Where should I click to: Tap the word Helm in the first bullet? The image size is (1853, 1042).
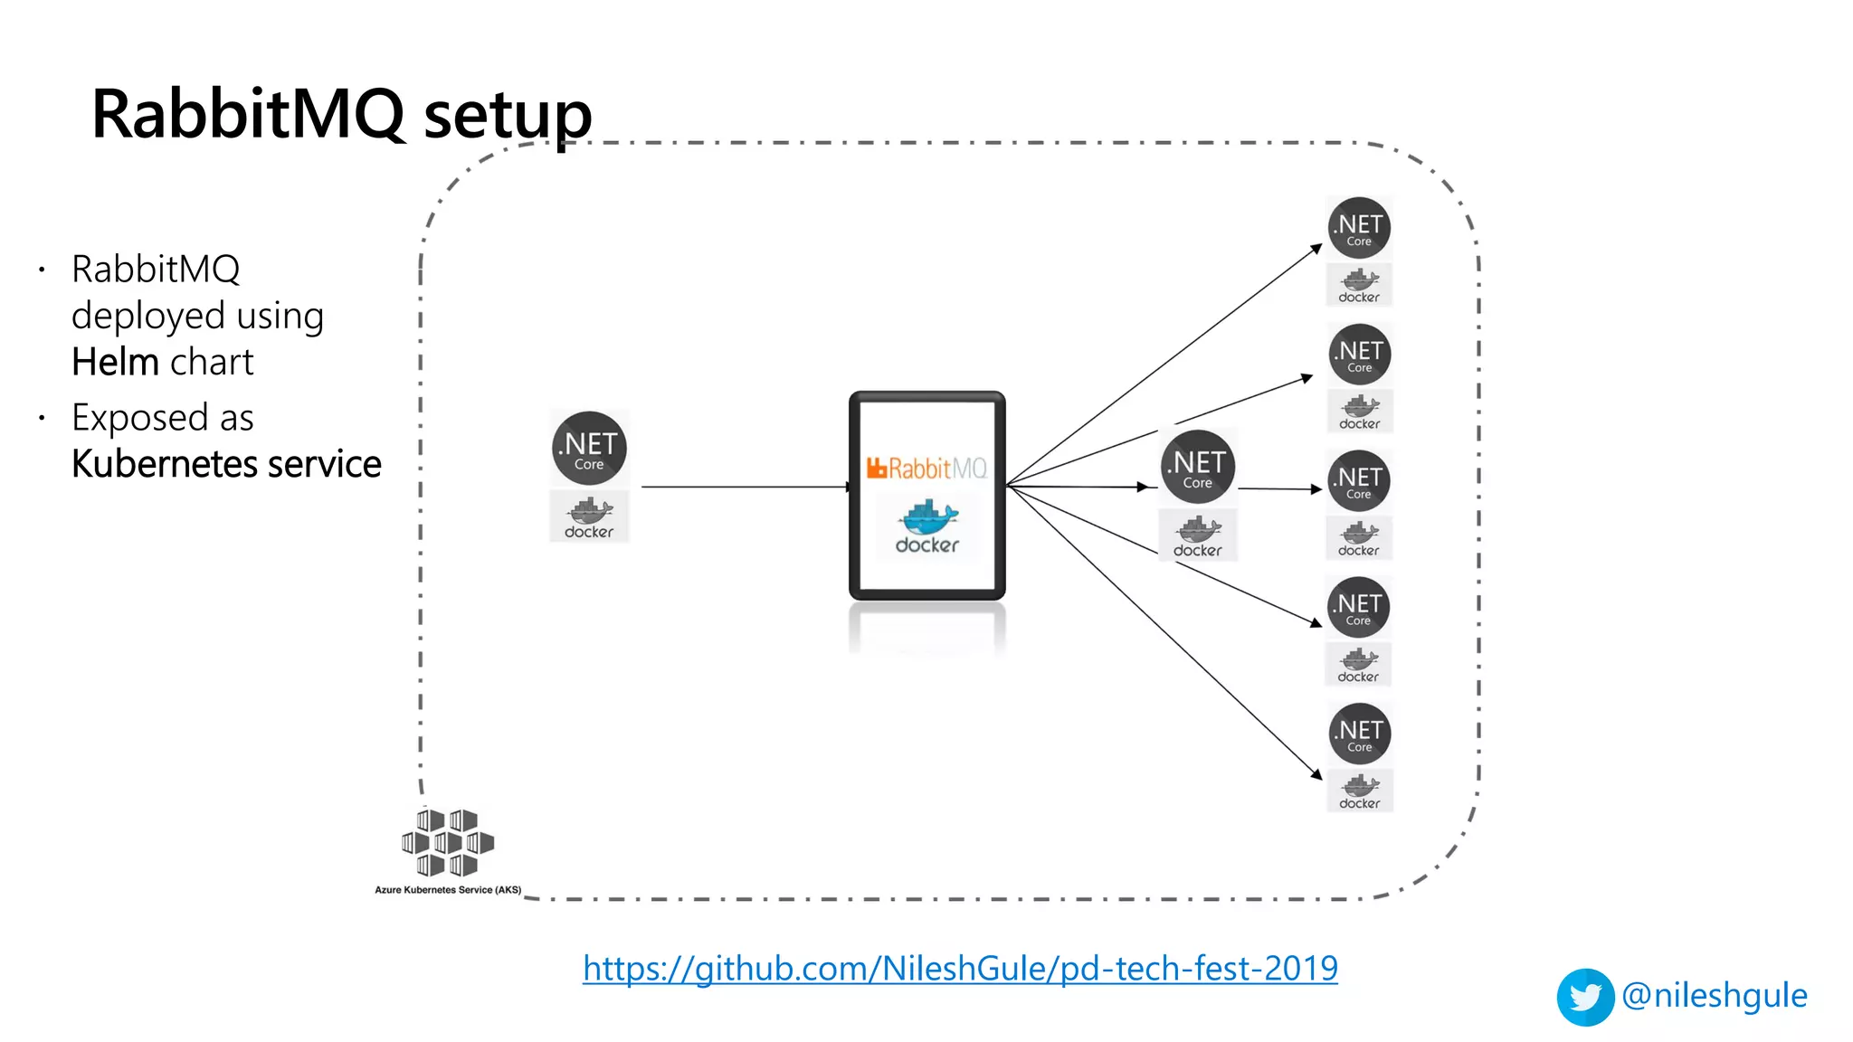click(116, 362)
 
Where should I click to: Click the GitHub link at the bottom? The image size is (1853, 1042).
click(960, 969)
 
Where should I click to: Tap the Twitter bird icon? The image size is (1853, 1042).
click(1584, 997)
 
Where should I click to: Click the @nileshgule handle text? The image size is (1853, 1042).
click(1714, 995)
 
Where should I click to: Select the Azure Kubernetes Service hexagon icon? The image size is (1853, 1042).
click(448, 843)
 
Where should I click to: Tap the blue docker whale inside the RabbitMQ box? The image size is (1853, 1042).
click(927, 517)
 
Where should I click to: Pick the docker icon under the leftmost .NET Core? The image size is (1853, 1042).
click(589, 516)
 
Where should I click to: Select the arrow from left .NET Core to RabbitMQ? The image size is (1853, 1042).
click(742, 487)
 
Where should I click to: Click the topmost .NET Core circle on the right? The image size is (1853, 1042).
click(1359, 228)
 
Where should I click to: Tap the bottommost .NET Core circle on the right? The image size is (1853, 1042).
click(1359, 734)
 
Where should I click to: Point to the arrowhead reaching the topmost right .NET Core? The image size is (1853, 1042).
click(1318, 247)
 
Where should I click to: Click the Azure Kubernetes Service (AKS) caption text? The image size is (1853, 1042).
click(448, 890)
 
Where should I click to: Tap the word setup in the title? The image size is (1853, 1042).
click(508, 116)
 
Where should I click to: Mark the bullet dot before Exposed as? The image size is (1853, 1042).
click(42, 418)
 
